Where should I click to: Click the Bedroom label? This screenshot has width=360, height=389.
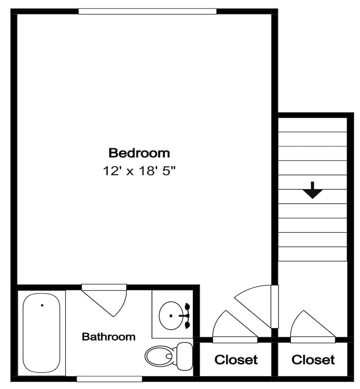click(139, 153)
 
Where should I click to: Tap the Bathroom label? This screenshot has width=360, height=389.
click(109, 336)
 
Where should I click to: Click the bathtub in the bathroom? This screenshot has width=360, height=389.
click(42, 333)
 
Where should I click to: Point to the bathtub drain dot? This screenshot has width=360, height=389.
click(42, 305)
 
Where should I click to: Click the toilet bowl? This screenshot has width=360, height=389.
click(159, 356)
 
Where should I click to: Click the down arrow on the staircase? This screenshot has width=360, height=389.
click(313, 192)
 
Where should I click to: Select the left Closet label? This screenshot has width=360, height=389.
click(236, 360)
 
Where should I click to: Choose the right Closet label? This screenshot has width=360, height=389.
click(313, 360)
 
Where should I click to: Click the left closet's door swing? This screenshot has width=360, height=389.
click(231, 326)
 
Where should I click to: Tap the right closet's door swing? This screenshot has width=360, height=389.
click(309, 326)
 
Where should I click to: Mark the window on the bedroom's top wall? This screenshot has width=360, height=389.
click(147, 11)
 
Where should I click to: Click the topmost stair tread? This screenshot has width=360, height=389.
click(313, 125)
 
